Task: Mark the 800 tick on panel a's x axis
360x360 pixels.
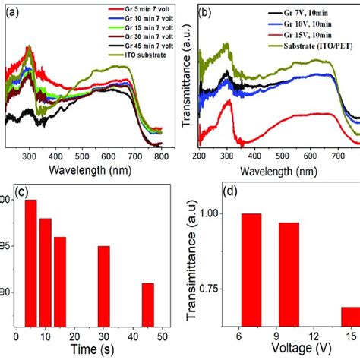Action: coord(161,156)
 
